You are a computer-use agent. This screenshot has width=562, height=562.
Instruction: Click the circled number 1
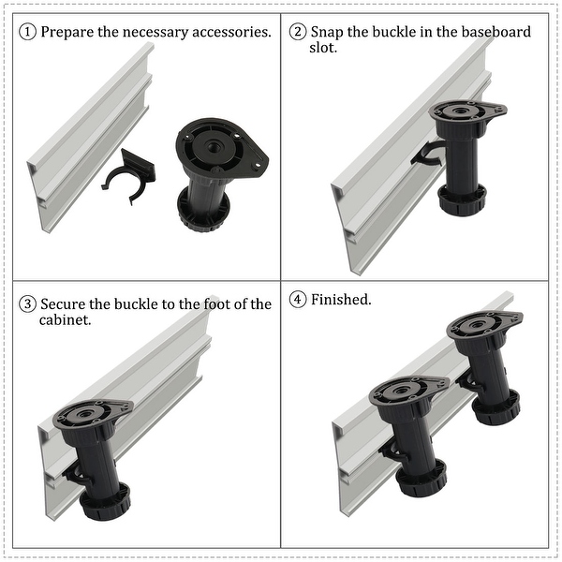point(28,33)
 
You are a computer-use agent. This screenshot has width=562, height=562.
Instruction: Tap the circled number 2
point(298,33)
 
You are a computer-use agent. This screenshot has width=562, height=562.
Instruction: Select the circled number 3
point(28,304)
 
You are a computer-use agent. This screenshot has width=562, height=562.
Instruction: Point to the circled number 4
point(298,301)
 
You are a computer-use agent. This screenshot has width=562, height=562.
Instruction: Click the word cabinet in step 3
point(67,320)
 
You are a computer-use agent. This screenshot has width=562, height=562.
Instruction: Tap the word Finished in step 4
point(341,301)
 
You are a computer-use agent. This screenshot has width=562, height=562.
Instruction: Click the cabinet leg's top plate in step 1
point(222,145)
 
